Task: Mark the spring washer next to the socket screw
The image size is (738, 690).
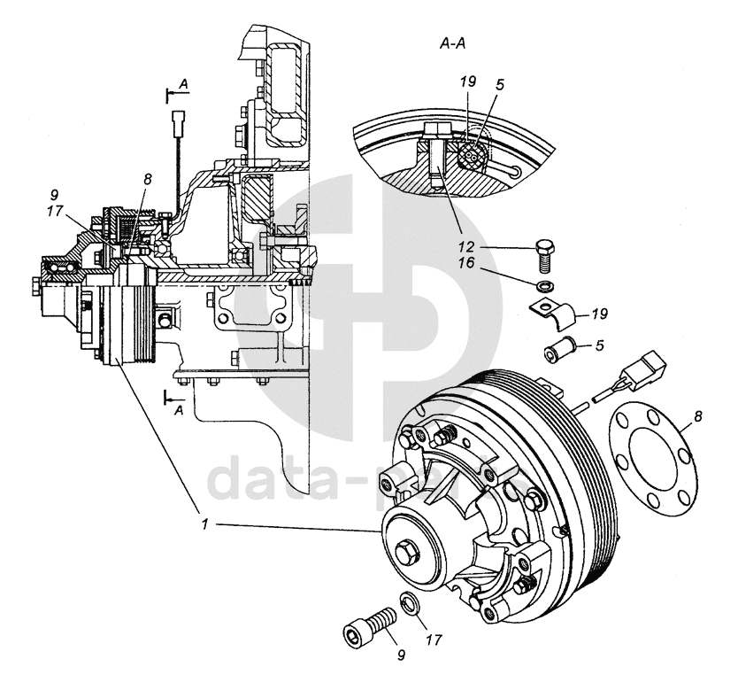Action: pyautogui.click(x=409, y=605)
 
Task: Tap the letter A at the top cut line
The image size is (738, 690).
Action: pyautogui.click(x=183, y=83)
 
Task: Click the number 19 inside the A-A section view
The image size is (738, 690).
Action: pyautogui.click(x=469, y=81)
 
